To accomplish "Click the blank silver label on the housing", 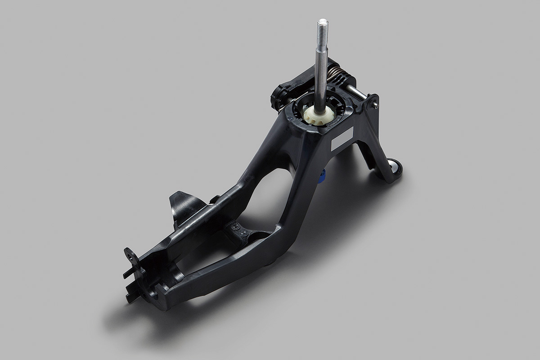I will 342,139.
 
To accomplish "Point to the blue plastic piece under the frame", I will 322,177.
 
